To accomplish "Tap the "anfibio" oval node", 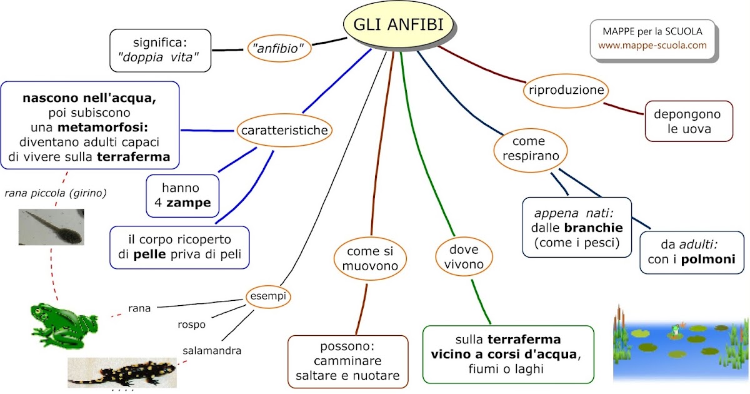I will click(x=279, y=47).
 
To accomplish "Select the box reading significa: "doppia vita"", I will click(x=160, y=50).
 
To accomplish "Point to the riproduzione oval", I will click(x=566, y=90).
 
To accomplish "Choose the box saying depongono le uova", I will click(x=687, y=123).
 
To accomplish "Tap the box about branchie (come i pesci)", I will click(x=576, y=227).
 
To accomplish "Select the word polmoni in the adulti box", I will click(x=708, y=260).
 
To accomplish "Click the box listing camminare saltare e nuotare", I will click(x=347, y=361).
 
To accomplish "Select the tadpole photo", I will click(x=51, y=228).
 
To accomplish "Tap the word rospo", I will click(x=192, y=324).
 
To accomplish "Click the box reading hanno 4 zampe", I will click(x=182, y=195).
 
